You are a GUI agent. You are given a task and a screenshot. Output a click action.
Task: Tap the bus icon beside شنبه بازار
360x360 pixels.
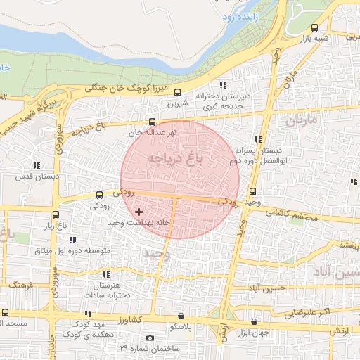(314, 28)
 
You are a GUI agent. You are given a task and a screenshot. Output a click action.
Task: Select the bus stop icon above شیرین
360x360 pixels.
(177, 92)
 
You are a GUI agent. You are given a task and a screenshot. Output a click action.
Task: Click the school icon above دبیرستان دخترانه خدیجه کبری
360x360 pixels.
(224, 85)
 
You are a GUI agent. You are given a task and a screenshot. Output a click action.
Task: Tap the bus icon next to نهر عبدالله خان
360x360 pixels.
(153, 121)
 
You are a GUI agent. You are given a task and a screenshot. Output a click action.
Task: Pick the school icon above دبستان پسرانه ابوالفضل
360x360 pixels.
(259, 139)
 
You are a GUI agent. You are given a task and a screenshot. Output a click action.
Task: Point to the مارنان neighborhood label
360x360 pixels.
(302, 120)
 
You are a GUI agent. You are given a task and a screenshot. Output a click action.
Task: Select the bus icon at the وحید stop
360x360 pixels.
(252, 191)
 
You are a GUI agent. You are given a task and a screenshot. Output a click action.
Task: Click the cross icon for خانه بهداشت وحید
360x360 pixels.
(139, 211)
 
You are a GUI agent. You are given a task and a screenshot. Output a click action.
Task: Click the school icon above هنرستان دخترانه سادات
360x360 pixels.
(106, 274)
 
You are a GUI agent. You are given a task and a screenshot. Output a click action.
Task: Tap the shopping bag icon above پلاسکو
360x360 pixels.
(181, 316)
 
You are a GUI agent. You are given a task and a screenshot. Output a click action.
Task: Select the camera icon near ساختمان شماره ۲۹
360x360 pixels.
(150, 338)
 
